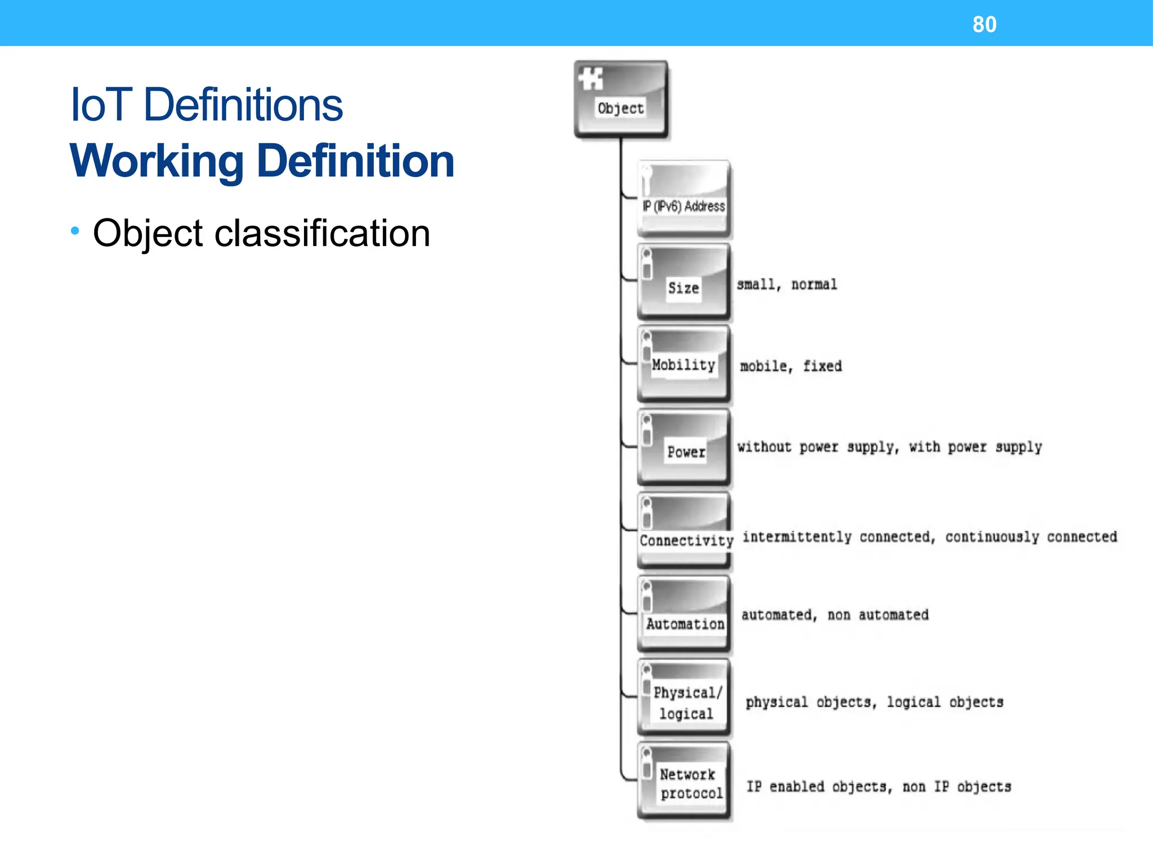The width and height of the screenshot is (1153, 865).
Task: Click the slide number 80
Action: (x=984, y=24)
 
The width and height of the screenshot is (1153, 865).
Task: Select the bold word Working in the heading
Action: (x=157, y=162)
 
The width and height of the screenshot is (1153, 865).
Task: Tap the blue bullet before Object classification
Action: (x=75, y=230)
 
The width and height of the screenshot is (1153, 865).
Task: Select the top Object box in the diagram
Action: (x=620, y=99)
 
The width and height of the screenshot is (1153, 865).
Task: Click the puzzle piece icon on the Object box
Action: (x=591, y=79)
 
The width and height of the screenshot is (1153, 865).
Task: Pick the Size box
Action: (x=683, y=282)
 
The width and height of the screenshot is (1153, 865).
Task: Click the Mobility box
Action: (x=683, y=363)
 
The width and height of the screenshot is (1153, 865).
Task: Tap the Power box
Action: (x=683, y=447)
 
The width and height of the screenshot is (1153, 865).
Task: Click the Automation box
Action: (x=683, y=614)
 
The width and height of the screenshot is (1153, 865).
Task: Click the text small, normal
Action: (x=786, y=284)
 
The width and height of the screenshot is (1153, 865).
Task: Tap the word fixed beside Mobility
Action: (x=822, y=366)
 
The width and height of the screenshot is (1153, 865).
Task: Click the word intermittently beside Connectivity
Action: (x=797, y=537)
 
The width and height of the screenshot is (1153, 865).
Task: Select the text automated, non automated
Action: (x=834, y=615)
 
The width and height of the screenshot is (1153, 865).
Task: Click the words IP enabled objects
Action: (x=819, y=787)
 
